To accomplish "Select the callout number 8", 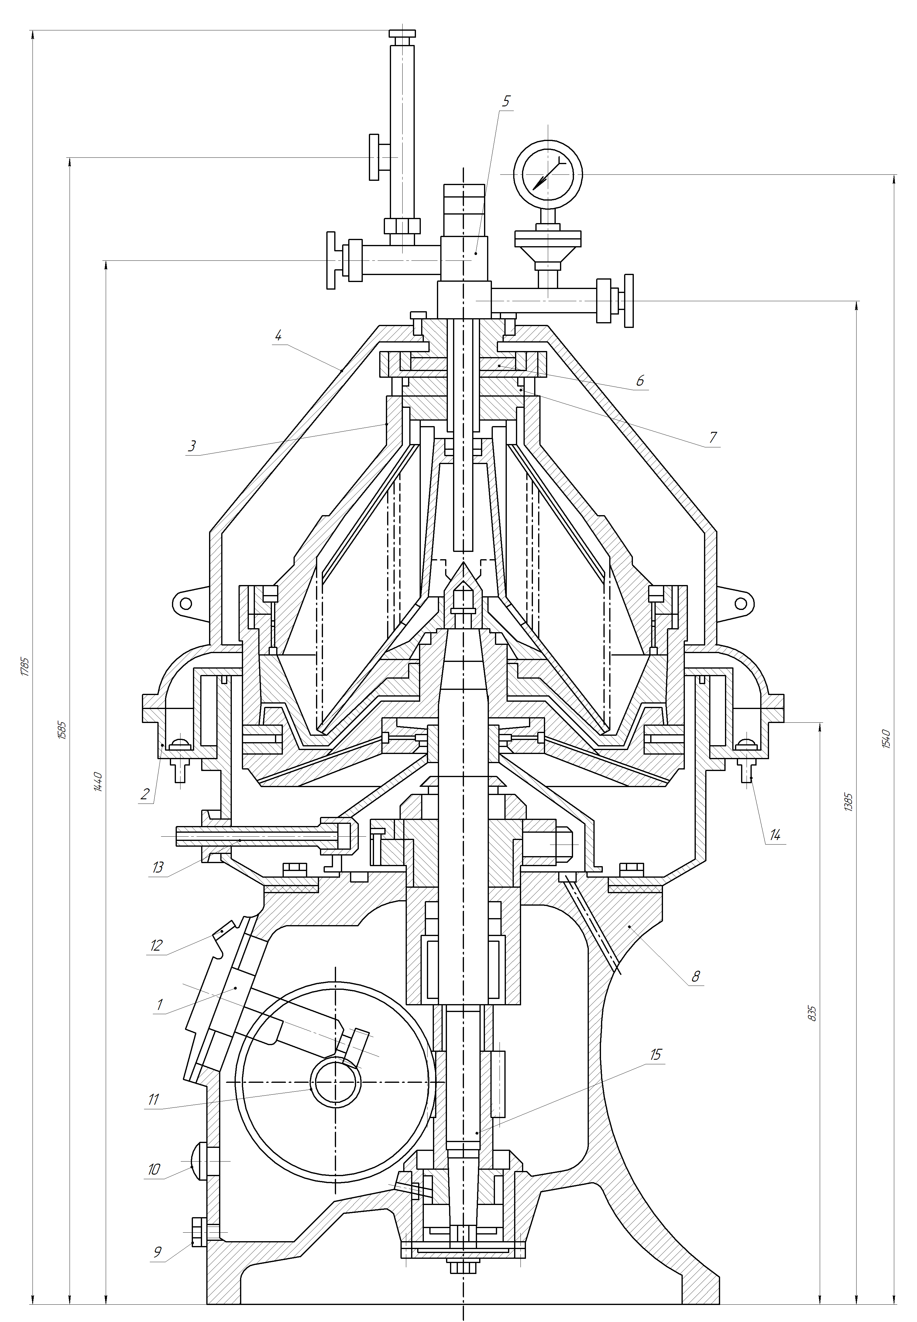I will (x=696, y=976).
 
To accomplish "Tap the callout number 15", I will (x=656, y=1054).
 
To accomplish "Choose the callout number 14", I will (x=775, y=835).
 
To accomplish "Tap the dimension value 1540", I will (x=885, y=738).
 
